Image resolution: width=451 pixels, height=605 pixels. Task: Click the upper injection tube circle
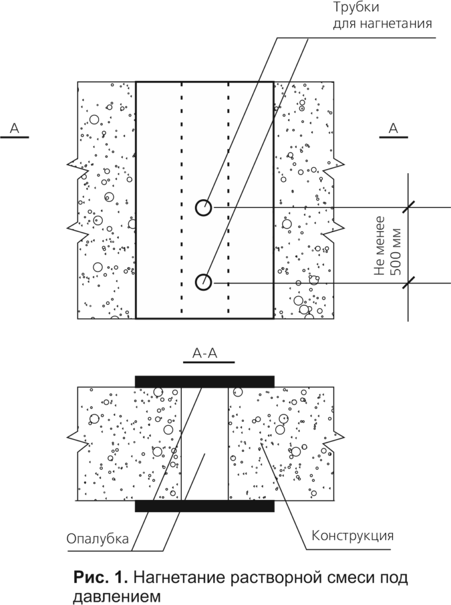pyautogui.click(x=203, y=208)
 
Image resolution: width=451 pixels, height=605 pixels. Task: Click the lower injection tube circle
pyautogui.click(x=203, y=282)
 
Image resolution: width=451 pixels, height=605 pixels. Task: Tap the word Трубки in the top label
pyautogui.click(x=356, y=8)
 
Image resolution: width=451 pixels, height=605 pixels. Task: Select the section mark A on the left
pyautogui.click(x=14, y=128)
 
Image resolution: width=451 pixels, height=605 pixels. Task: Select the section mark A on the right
pyautogui.click(x=393, y=128)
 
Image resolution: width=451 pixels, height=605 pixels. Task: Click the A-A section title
pyautogui.click(x=205, y=353)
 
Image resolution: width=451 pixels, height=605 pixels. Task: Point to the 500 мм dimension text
pyautogui.click(x=396, y=252)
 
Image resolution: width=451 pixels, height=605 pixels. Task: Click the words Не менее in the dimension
pyautogui.click(x=380, y=246)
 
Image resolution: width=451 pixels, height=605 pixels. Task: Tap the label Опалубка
pyautogui.click(x=97, y=539)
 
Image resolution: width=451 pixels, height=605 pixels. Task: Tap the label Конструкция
pyautogui.click(x=352, y=536)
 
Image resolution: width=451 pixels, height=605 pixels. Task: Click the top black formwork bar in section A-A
pyautogui.click(x=205, y=381)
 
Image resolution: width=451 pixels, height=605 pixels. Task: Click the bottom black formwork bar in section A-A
pyautogui.click(x=205, y=506)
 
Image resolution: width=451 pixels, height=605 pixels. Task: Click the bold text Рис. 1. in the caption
pyautogui.click(x=100, y=578)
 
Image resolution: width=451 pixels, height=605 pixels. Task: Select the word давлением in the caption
pyautogui.click(x=116, y=597)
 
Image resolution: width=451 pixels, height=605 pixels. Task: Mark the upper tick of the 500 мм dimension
pyautogui.click(x=408, y=207)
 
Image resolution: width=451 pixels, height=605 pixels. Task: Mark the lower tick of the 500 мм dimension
pyautogui.click(x=408, y=283)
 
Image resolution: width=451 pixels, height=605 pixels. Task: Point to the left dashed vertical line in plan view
pyautogui.click(x=182, y=197)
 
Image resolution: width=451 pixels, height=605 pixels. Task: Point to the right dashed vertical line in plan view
pyautogui.click(x=228, y=197)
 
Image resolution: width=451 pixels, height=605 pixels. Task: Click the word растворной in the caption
pyautogui.click(x=253, y=578)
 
